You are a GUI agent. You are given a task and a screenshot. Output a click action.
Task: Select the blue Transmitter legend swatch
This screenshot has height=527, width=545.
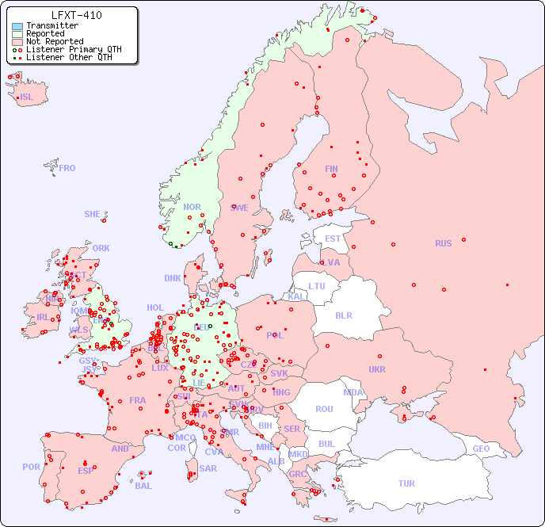[x=17, y=26]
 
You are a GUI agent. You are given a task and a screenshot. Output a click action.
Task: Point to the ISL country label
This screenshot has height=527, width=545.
[x=27, y=97]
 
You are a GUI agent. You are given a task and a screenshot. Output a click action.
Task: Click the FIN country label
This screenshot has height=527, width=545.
[x=331, y=169]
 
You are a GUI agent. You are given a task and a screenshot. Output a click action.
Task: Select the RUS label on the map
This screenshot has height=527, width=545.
[x=443, y=243]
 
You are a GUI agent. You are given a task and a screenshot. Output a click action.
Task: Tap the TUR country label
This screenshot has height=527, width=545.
[x=406, y=483]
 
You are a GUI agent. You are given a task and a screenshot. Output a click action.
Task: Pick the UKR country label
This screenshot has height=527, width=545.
[x=377, y=369]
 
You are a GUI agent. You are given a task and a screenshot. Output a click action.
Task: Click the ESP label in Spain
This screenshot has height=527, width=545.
[x=86, y=470]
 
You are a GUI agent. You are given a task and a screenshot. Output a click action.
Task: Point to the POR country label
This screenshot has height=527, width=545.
[x=31, y=467]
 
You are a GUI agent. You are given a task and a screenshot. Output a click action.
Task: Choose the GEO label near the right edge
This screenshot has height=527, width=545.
[x=481, y=449]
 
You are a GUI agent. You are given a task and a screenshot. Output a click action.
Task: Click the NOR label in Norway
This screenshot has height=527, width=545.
[x=192, y=207]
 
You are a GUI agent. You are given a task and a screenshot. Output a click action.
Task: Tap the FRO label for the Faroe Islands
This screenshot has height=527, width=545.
[x=67, y=168]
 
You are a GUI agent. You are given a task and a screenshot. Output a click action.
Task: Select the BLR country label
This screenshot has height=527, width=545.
[x=343, y=315]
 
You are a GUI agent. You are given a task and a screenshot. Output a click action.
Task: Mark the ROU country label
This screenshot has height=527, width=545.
[x=324, y=409]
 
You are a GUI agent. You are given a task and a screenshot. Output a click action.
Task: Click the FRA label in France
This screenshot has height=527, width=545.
[x=138, y=400]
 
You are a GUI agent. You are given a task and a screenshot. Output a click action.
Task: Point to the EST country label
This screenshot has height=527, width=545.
[x=333, y=239]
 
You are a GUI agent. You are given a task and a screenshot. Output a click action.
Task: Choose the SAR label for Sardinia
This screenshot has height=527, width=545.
[x=208, y=468]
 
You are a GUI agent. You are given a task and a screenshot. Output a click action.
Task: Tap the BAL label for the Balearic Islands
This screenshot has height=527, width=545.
[x=143, y=486]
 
